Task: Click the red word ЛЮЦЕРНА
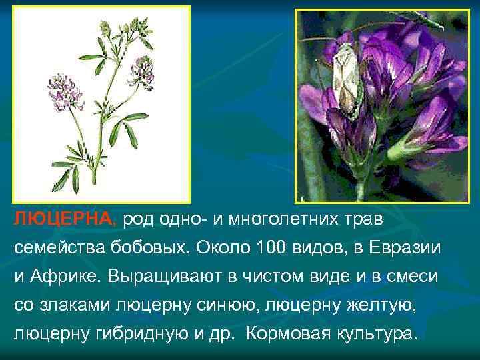pos(65,219)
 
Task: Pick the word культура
pos(375,333)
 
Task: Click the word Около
pos(224,247)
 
